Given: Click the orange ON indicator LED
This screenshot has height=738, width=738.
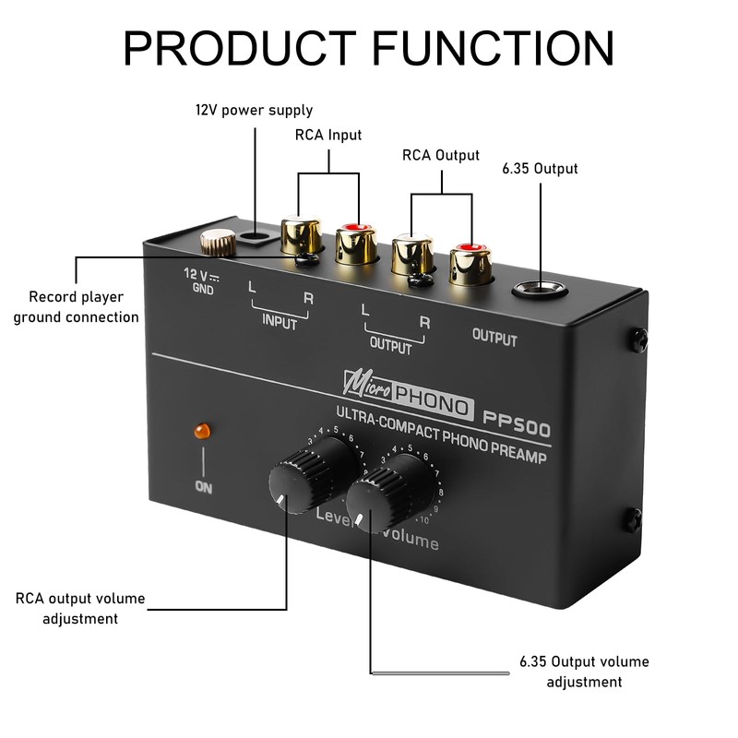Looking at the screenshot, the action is coord(200,430).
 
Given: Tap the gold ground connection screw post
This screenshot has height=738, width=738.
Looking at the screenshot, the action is coord(218,244).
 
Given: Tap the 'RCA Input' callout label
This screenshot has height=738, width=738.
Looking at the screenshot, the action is coord(327,135).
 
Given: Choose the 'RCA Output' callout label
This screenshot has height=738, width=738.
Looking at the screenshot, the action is coord(441,155).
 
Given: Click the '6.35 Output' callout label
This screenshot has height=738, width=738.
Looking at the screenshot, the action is coord(541,168).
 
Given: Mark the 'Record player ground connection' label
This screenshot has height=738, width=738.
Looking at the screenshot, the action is coord(83,307).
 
